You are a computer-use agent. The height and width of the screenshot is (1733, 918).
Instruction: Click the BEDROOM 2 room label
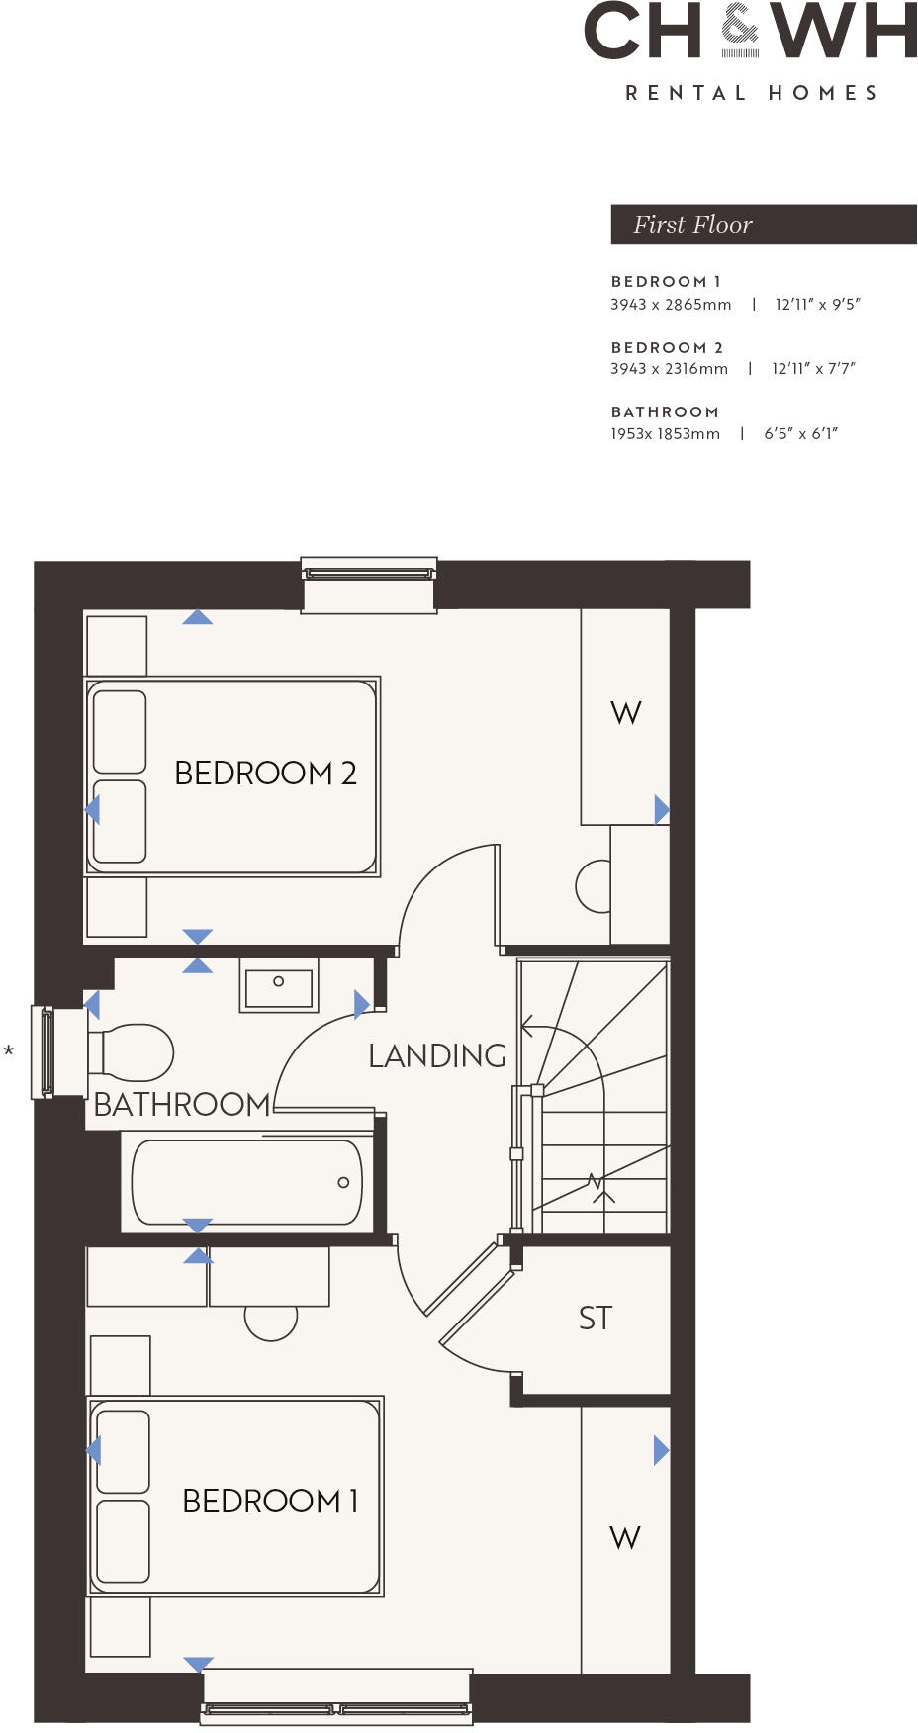265,773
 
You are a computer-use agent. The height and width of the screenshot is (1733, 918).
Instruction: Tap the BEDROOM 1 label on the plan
270,1501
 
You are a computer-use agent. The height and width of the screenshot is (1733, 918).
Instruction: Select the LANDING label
437,1055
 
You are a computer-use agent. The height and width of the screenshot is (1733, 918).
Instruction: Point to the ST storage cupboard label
596,1318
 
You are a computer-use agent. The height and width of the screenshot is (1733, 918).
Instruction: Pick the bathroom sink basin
279,985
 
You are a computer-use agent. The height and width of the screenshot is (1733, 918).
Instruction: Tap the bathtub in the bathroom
247,1182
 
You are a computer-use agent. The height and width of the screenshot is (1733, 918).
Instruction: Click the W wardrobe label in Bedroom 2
626,713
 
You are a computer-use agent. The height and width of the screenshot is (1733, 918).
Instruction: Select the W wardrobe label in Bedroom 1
625,1537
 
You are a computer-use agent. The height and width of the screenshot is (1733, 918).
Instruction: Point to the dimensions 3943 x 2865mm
671,305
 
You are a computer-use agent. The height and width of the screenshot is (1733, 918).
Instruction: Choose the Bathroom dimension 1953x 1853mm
665,433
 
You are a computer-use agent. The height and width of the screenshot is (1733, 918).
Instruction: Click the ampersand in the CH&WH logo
740,29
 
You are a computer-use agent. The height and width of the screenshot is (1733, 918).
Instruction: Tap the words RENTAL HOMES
752,93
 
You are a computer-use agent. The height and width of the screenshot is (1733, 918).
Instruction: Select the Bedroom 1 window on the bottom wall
336,1699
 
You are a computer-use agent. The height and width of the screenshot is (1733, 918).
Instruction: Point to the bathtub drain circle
343,1182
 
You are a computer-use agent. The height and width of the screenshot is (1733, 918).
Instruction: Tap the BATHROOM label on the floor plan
182,1104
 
